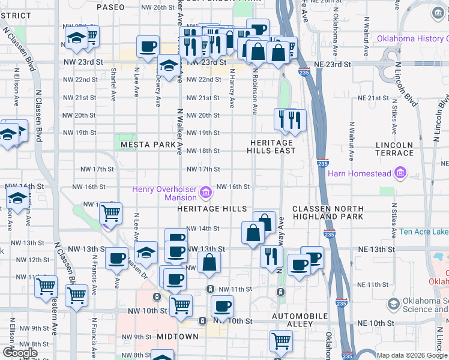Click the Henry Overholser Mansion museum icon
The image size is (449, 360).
click(x=205, y=193)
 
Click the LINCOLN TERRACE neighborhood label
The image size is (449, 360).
click(x=394, y=149)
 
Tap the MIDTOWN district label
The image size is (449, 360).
click(x=178, y=337)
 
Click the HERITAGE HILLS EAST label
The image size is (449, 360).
click(x=271, y=146)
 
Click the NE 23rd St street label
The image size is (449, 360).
click(x=330, y=64)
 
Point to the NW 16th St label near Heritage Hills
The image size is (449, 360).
click(x=233, y=187)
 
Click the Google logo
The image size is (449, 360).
click(x=20, y=353)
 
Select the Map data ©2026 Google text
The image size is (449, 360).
click(x=411, y=355)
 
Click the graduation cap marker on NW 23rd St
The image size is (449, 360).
click(x=169, y=67)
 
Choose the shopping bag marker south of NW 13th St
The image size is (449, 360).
click(x=209, y=263)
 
